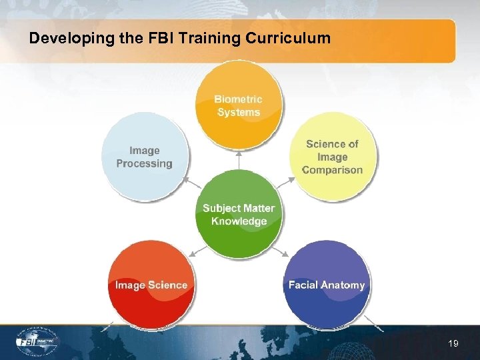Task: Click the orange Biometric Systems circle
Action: point(238,105)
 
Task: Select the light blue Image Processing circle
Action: point(145,157)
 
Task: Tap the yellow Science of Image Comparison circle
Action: point(332,157)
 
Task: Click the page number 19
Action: point(453,343)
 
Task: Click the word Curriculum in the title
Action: point(288,39)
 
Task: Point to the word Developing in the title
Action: point(61,39)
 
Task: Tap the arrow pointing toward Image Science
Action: point(195,251)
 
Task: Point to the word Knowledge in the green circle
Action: point(239,221)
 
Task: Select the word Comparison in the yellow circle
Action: point(332,170)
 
